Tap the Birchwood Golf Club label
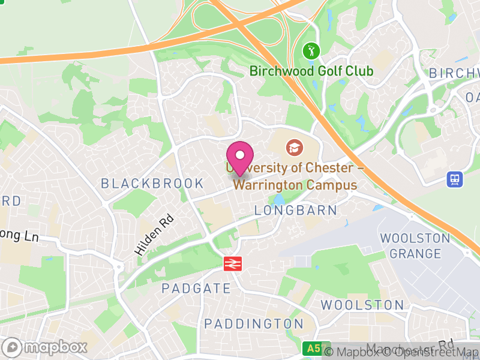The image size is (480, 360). [x=311, y=71]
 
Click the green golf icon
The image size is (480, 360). [x=311, y=51]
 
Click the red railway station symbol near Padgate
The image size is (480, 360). [x=232, y=263]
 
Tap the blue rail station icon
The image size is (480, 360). [x=455, y=178]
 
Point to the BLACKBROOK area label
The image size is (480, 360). [x=152, y=184]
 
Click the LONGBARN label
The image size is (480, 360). [x=296, y=211]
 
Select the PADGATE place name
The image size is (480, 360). [x=196, y=289]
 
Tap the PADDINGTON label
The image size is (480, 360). [x=253, y=324]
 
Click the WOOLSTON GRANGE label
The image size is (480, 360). [x=415, y=246]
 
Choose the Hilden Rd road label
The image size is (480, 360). [x=154, y=236]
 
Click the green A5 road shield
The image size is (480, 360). [x=312, y=349]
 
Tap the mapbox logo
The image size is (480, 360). [x=46, y=347]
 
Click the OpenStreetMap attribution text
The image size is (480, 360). [x=438, y=352]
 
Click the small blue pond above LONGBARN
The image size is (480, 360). [x=278, y=199]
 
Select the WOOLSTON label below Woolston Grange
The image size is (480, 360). [x=362, y=305]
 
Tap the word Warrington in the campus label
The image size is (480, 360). [x=268, y=185]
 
